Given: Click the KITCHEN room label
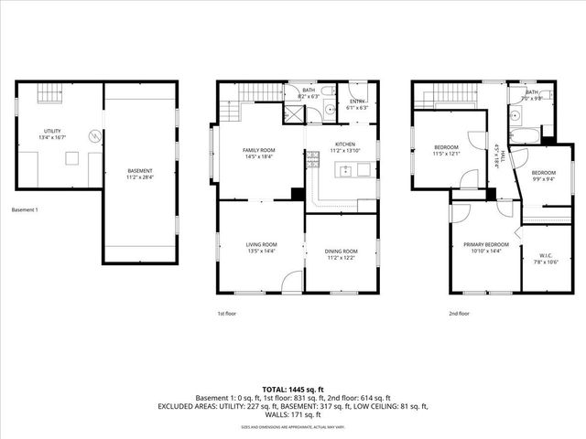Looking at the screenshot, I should click(x=344, y=145).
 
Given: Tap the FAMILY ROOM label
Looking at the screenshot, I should click(x=258, y=150).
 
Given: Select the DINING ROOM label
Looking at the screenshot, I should click(x=342, y=251).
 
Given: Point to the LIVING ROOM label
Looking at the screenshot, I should click(x=261, y=244).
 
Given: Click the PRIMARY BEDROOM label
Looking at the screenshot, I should click(x=485, y=244).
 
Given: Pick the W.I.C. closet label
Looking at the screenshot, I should click(x=547, y=257).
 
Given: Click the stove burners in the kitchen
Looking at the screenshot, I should click(x=311, y=160).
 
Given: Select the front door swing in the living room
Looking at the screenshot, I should click(x=291, y=283).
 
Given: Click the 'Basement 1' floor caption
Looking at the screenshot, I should click(x=27, y=210).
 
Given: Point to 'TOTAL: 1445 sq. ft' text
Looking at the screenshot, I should click(x=293, y=390).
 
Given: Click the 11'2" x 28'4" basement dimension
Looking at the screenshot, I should click(x=140, y=177).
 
